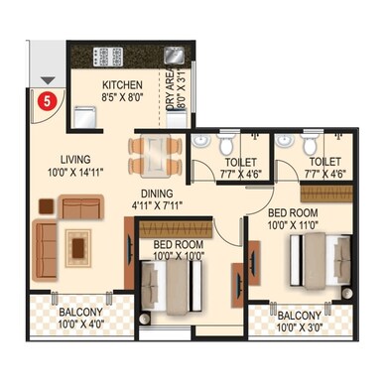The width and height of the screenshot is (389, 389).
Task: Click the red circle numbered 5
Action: point(45,98)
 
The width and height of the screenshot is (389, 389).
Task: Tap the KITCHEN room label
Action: point(122,85)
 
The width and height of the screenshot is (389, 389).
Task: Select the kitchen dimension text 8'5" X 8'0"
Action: point(122,98)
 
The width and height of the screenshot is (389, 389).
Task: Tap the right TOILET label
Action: point(324,162)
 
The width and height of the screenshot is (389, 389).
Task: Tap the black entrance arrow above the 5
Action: point(45,80)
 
